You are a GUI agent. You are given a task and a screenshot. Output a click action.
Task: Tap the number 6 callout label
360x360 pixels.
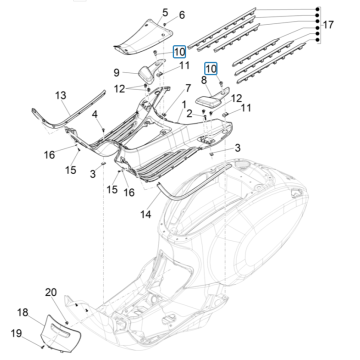click(x=181, y=16)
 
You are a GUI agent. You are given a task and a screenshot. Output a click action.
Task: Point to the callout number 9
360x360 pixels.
click(x=117, y=73)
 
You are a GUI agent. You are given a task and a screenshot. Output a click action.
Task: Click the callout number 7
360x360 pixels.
click(x=187, y=88)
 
